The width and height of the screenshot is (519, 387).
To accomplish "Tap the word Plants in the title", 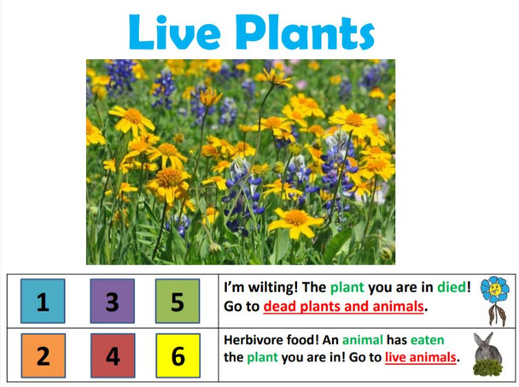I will point(306,32).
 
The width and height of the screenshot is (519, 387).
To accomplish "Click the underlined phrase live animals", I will point(420,357).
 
